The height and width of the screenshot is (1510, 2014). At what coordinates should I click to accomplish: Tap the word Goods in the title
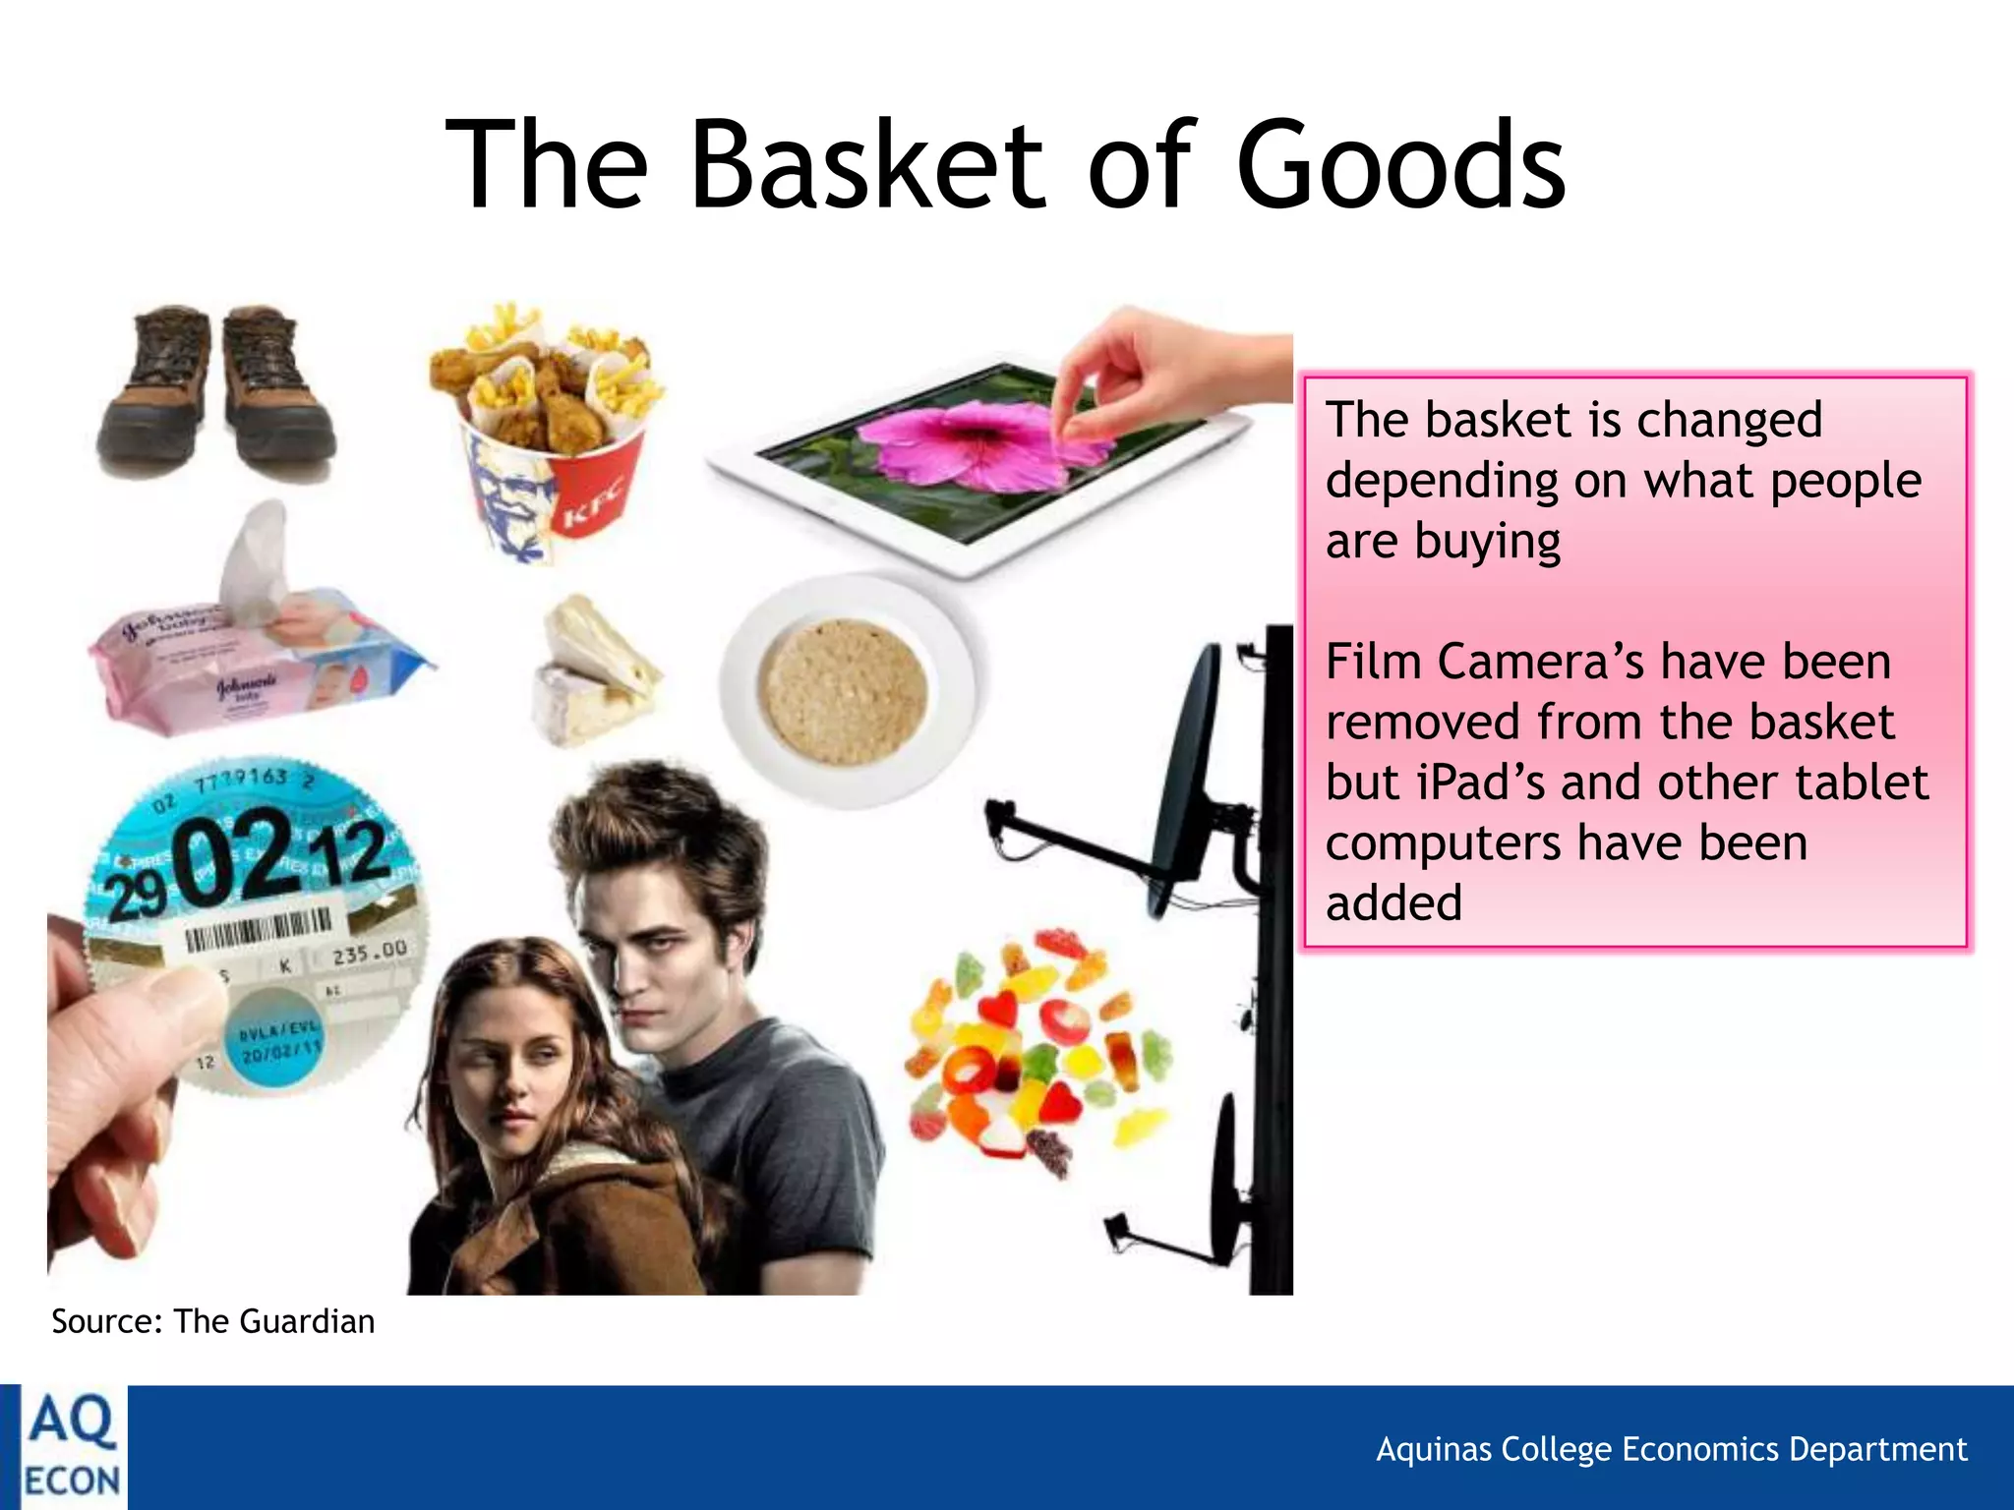click(1400, 165)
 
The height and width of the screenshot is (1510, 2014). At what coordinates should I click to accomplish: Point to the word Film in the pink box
click(1374, 662)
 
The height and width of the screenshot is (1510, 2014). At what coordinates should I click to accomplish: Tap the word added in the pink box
click(1393, 903)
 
